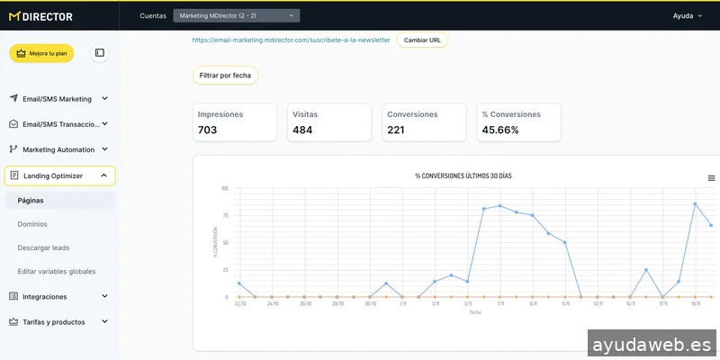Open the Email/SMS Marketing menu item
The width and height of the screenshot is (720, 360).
[58, 98]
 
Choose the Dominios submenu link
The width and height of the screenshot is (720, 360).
[32, 224]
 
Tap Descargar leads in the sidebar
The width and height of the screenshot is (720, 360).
[43, 247]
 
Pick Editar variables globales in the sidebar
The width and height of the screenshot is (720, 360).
[57, 271]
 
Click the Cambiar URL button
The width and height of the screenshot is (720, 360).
[422, 40]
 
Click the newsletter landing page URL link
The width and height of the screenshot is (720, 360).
[291, 40]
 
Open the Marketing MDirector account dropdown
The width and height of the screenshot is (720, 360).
[236, 15]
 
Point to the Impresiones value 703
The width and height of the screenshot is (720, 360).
[208, 130]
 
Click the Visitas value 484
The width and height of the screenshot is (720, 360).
[302, 130]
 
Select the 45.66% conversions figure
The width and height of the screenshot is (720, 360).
[500, 130]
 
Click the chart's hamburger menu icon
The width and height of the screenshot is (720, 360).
[711, 178]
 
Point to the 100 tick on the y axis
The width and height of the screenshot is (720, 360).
[224, 189]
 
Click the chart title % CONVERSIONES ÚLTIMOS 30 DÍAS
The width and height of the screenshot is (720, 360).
[469, 175]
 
